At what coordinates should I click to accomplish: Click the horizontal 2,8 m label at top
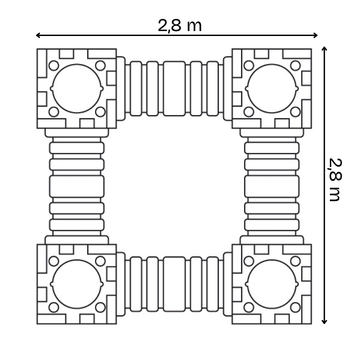(180, 26)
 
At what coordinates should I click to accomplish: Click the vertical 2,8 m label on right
(335, 180)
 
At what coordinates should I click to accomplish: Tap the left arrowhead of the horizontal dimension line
(38, 35)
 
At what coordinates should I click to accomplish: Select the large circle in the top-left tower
(77, 88)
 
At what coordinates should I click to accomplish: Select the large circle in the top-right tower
(272, 88)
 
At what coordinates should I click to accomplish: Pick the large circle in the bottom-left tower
(77, 284)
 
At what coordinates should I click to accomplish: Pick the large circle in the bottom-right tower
(272, 284)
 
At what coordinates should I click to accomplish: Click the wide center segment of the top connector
(174, 88)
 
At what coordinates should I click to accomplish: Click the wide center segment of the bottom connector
(174, 284)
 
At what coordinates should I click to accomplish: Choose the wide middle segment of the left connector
(77, 186)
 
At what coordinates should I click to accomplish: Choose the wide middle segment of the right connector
(272, 186)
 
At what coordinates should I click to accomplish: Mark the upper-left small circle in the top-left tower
(54, 65)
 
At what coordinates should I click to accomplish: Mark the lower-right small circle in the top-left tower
(100, 112)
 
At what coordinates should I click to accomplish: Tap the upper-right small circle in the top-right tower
(295, 65)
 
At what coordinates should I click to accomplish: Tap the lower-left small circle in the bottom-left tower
(54, 307)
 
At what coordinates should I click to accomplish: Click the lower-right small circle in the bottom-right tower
(295, 307)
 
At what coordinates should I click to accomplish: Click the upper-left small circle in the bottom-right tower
(248, 261)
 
